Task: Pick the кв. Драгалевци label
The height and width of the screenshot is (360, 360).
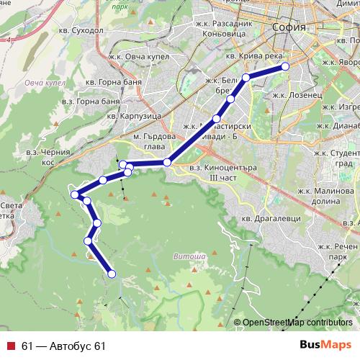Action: point(266,217)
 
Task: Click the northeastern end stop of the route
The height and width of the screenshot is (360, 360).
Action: point(285,66)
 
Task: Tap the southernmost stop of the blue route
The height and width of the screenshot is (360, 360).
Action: point(112,274)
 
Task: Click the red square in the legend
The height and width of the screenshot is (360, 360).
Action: point(11,346)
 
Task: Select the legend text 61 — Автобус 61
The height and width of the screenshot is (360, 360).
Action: point(63,346)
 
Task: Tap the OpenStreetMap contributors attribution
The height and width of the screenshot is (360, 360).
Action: point(297,323)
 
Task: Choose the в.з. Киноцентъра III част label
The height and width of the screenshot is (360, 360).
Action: point(214,173)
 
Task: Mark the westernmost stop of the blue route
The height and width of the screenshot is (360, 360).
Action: point(74,194)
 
